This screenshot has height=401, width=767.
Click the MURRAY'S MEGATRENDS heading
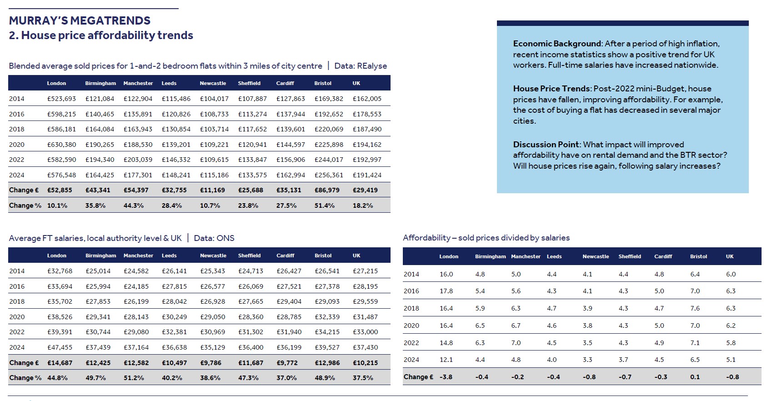coord(80,20)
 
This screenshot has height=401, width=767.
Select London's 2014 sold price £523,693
coord(61,99)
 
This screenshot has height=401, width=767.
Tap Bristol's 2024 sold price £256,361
coord(329,175)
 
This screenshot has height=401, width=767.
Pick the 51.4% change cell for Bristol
coord(324,206)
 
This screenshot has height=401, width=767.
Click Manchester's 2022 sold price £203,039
coord(138,160)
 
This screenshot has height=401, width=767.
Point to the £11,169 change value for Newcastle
coord(212,190)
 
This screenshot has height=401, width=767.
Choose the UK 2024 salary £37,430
coord(365,347)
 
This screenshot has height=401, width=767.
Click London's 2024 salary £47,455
coord(60,347)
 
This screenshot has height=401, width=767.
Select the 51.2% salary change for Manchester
coord(134,378)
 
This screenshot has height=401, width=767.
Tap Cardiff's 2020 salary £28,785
coord(289,317)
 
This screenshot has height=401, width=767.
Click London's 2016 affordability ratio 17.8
coord(446,291)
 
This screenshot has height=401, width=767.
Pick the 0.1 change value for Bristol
coord(695,377)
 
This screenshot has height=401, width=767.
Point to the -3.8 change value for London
coord(446,377)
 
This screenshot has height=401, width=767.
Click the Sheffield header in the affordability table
coord(629,256)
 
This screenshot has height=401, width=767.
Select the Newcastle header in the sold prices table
coord(213,83)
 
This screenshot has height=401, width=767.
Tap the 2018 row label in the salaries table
coord(17,301)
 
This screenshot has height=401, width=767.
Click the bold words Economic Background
coord(557,44)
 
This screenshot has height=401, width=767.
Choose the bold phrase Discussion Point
coord(546,145)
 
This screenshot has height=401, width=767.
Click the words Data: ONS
coord(214,238)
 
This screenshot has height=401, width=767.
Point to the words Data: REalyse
coord(361,66)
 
